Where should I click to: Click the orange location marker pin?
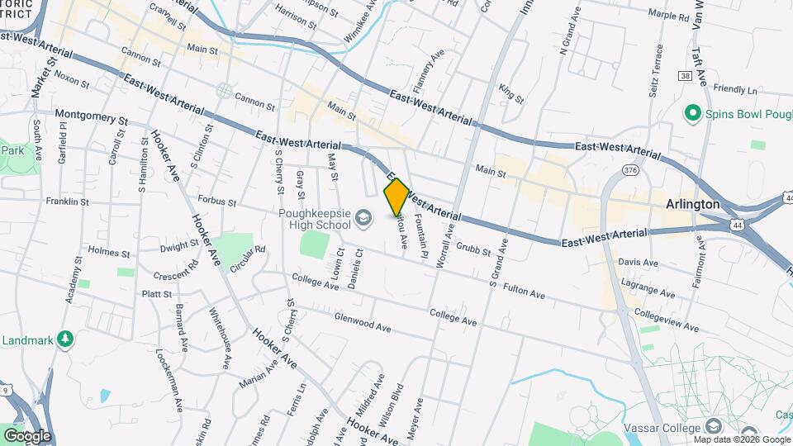(x=396, y=197)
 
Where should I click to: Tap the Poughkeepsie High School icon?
(x=362, y=217)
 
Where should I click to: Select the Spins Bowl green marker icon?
(x=692, y=112)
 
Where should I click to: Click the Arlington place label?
(x=693, y=204)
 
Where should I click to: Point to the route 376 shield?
(x=631, y=170)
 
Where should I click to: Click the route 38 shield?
(x=685, y=75)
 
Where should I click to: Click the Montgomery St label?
(x=91, y=116)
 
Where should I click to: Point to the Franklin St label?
(x=67, y=202)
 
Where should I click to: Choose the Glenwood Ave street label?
(x=363, y=322)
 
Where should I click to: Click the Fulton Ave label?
(x=524, y=291)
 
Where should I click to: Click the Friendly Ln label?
(x=735, y=89)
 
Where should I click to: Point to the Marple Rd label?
(x=669, y=16)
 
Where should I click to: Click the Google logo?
(x=27, y=435)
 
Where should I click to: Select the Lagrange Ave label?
(x=649, y=287)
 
